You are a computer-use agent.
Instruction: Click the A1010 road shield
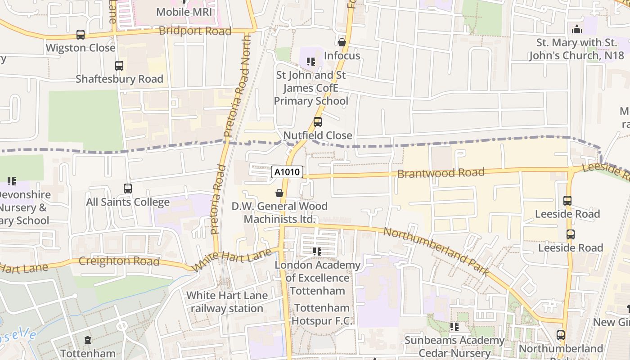point(287,171)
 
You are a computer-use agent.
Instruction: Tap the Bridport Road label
point(195,31)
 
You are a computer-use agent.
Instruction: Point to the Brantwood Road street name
point(441,173)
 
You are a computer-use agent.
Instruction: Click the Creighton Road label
point(119,261)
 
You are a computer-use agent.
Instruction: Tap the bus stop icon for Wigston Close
point(81,35)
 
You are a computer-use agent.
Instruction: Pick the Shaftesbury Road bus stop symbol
point(119,66)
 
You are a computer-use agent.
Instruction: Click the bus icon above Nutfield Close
point(318,122)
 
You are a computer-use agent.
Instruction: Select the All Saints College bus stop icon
point(128,189)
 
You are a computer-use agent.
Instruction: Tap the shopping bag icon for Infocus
point(342,42)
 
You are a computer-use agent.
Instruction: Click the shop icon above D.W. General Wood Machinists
point(279,193)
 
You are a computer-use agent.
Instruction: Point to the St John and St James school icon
point(310,62)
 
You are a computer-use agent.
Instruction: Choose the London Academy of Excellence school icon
point(317,252)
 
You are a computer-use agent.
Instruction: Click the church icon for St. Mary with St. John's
point(576,30)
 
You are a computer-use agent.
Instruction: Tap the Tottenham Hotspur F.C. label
point(321,315)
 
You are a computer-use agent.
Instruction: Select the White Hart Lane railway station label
point(227,302)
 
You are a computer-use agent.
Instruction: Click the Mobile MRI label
point(184,12)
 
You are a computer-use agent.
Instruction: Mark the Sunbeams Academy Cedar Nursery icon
point(454,327)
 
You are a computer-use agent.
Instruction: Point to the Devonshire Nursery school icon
point(12,181)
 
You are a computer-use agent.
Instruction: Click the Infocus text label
point(342,56)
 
